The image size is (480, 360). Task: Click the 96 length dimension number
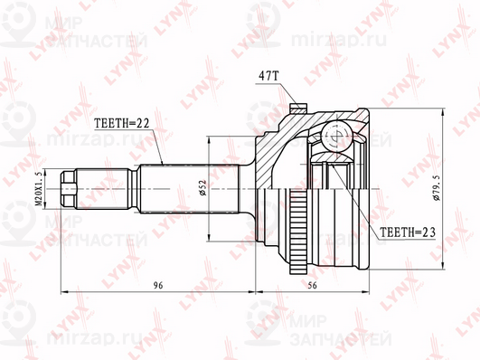click(x=157, y=285)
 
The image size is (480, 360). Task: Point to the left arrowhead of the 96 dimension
click(x=63, y=293)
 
